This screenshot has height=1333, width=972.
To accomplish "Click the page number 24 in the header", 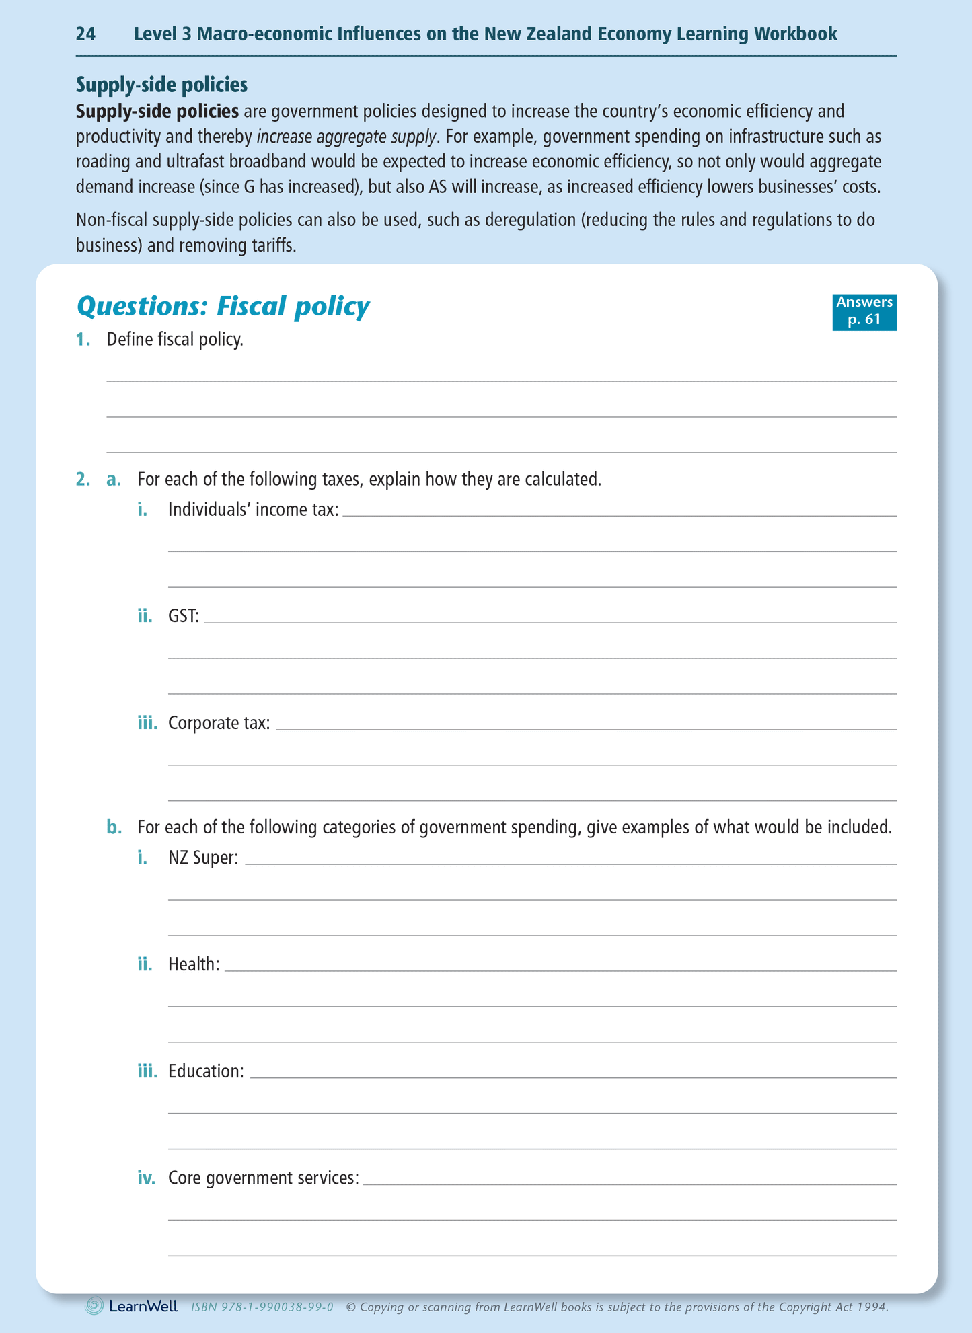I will pyautogui.click(x=85, y=34).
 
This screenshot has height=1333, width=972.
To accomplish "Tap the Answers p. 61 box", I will pyautogui.click(x=864, y=311).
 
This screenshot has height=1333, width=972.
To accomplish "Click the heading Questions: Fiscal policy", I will pyautogui.click(x=223, y=307).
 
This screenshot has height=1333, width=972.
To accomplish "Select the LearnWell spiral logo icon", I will pyautogui.click(x=95, y=1306).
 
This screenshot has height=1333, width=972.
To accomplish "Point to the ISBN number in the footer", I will pyautogui.click(x=262, y=1307).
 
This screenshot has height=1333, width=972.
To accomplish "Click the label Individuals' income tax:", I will pyautogui.click(x=253, y=510).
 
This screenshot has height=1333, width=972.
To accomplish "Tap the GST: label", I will pyautogui.click(x=184, y=617).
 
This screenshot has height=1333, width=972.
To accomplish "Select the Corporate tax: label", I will pyautogui.click(x=219, y=723).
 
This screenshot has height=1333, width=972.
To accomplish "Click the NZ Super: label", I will pyautogui.click(x=203, y=858).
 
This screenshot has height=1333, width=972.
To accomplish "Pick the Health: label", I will pyautogui.click(x=194, y=964).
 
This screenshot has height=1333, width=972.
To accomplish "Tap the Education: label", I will pyautogui.click(x=206, y=1071).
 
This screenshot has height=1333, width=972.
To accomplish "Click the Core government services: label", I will pyautogui.click(x=263, y=1178).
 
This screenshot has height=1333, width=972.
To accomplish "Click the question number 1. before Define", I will pyautogui.click(x=83, y=340).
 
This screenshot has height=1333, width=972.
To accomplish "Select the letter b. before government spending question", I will pyautogui.click(x=114, y=827).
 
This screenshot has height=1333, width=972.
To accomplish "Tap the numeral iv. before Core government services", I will pyautogui.click(x=146, y=1178).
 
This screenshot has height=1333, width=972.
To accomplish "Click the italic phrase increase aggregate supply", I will pyautogui.click(x=347, y=137).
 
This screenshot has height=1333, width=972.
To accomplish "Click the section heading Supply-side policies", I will pyautogui.click(x=161, y=85).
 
